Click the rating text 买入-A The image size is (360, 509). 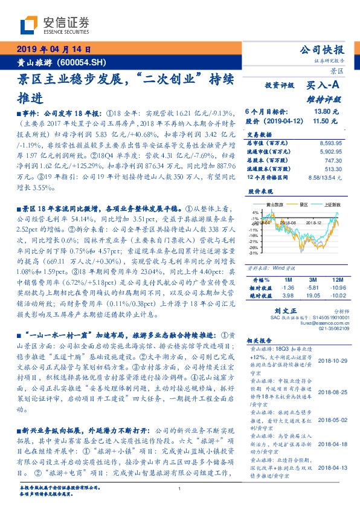(x=325, y=86)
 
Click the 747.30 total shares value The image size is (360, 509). (x=335, y=161)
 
